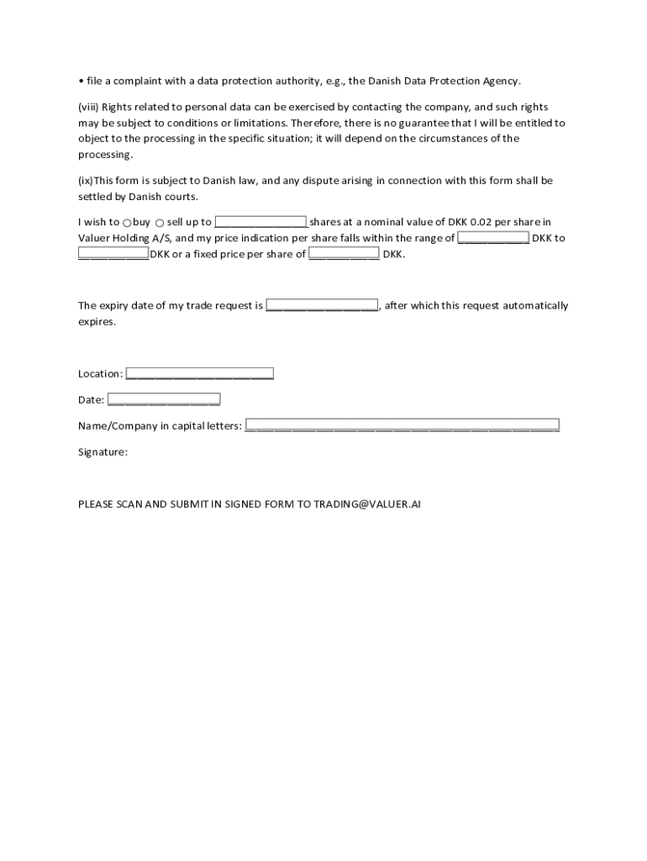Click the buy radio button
pos(127,223)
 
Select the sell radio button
pos(160,223)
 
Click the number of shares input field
pos(260,222)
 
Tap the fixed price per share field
pos(344,254)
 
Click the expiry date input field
pos(323,305)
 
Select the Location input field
pos(199,373)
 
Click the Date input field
pos(164,399)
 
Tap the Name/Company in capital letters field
pos(402,425)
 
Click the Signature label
pos(103,452)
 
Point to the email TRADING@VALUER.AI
pos(366,504)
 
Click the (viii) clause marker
pos(88,107)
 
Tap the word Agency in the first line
pos(502,81)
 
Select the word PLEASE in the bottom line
pos(97,504)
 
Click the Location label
pos(100,373)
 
